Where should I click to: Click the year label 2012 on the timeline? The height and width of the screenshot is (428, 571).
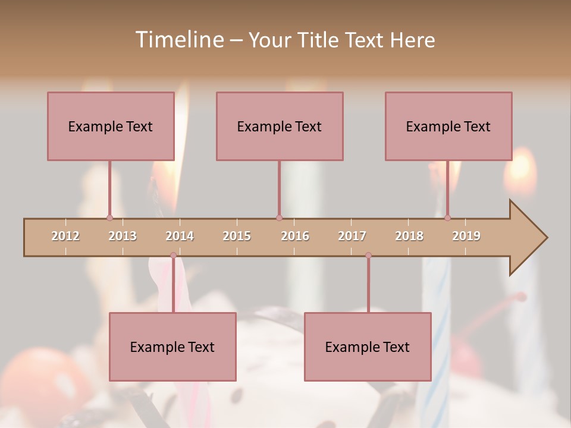(x=65, y=236)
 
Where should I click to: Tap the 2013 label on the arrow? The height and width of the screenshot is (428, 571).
(x=123, y=236)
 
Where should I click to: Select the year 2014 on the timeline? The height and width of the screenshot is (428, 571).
(x=180, y=236)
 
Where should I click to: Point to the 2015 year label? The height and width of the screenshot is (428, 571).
(x=237, y=236)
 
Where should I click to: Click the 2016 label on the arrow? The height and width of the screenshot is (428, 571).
(x=295, y=236)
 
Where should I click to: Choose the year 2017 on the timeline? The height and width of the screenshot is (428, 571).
(x=352, y=236)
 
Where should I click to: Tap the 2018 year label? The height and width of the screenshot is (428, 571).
(x=409, y=236)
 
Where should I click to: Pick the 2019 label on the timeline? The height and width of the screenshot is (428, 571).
(x=466, y=236)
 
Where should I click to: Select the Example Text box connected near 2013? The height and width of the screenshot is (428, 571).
(x=111, y=126)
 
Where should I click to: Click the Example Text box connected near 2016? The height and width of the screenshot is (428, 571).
(x=280, y=126)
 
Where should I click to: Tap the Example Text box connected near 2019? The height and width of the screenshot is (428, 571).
(x=448, y=126)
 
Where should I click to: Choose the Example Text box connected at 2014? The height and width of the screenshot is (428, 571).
(x=172, y=347)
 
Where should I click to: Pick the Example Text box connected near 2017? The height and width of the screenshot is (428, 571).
(x=368, y=347)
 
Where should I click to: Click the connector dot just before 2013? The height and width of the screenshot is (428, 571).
(x=109, y=218)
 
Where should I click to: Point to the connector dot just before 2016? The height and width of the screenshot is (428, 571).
(x=279, y=218)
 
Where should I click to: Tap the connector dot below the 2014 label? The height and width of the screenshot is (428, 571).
(x=173, y=256)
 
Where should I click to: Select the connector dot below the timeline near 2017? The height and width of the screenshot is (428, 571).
(x=368, y=256)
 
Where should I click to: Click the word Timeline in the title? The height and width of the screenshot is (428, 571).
(x=178, y=40)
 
